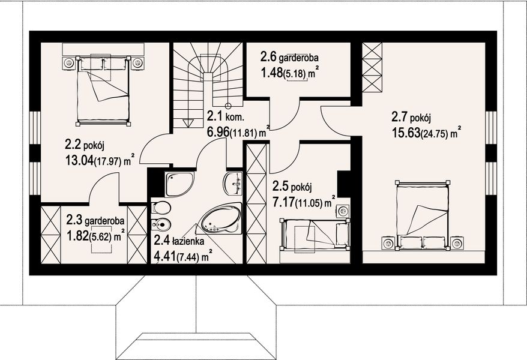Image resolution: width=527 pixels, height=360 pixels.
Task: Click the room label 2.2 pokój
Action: click(85, 144)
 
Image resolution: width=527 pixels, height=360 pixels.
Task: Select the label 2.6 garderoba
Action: click(289, 58)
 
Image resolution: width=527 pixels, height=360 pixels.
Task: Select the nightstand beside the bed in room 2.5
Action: click(343, 211)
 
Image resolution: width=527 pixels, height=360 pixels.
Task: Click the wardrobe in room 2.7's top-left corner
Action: click(372, 67)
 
